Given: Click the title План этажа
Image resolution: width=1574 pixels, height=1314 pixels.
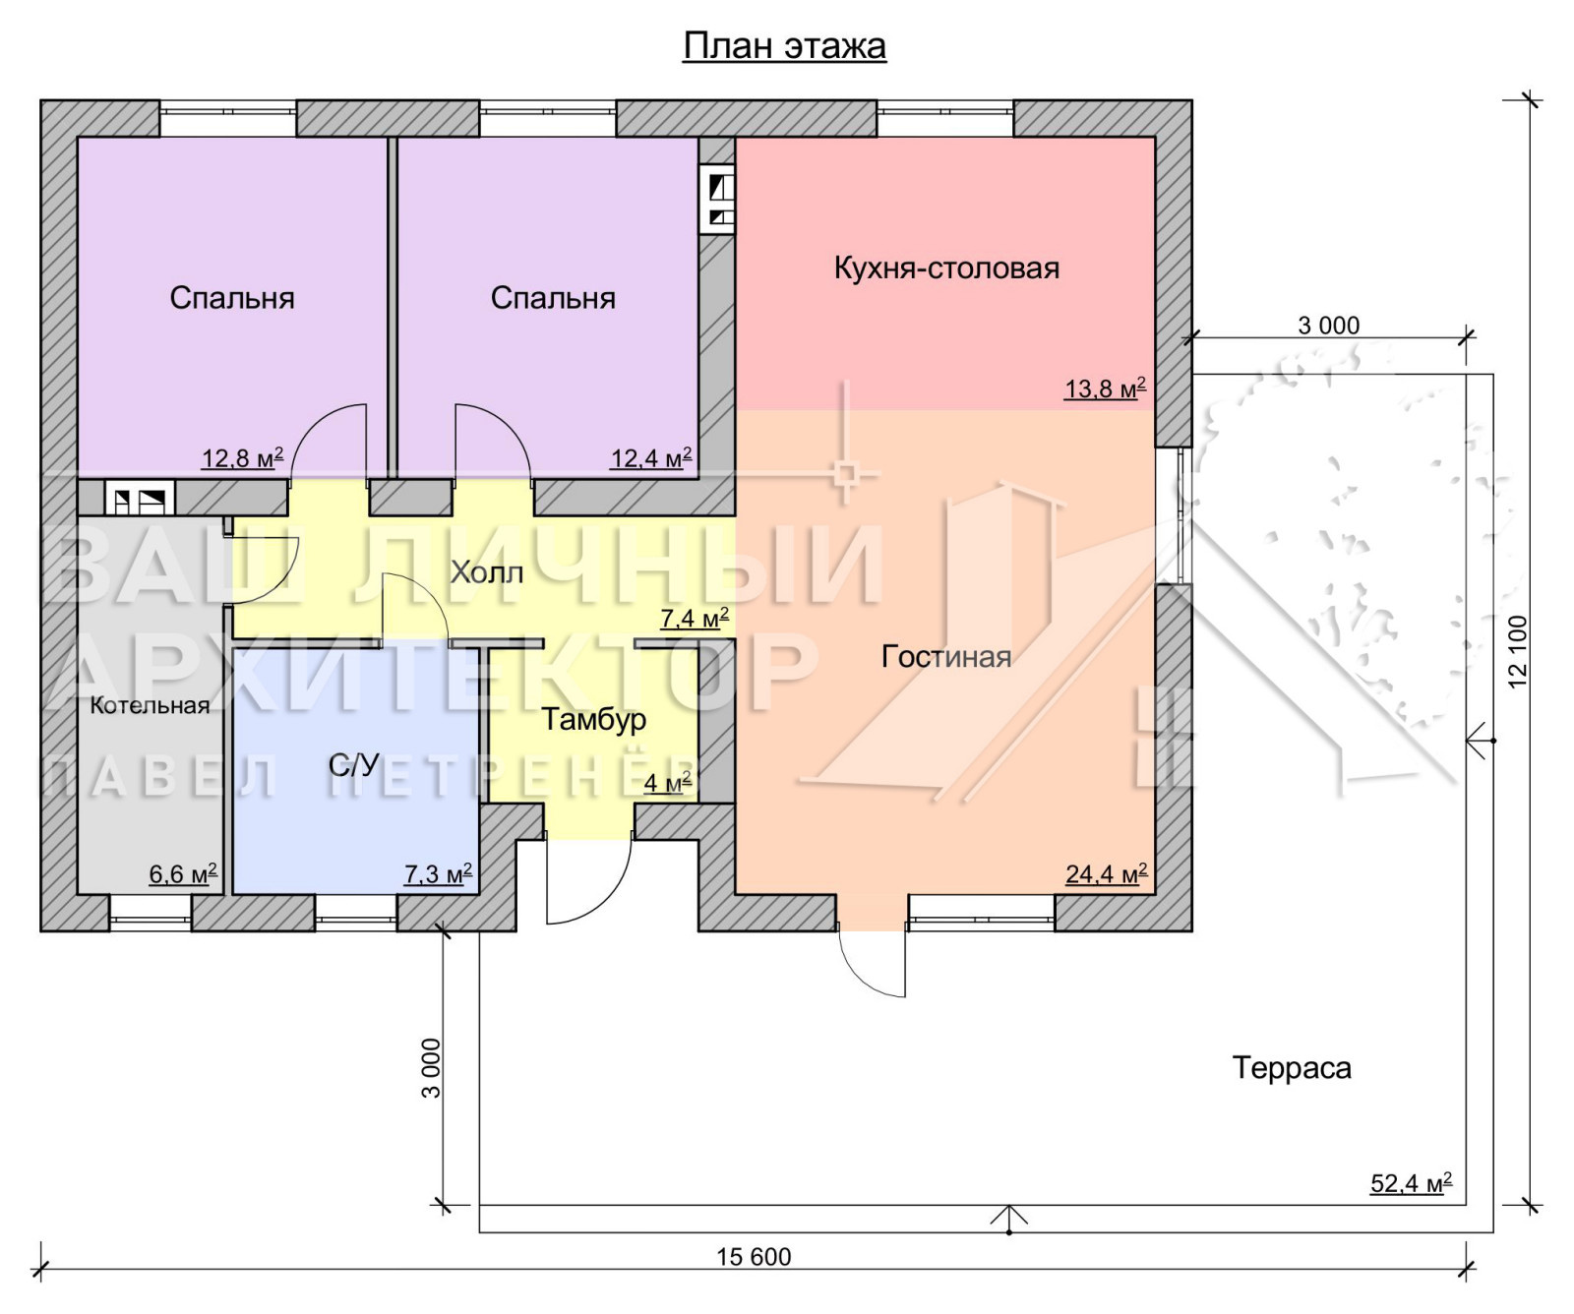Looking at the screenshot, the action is pyautogui.click(x=784, y=46).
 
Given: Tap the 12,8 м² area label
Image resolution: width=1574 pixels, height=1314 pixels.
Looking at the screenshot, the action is pyautogui.click(x=243, y=457).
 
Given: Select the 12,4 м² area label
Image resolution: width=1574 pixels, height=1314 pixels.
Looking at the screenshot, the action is pyautogui.click(x=651, y=457).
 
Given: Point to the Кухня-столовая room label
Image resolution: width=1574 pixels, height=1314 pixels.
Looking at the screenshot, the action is pyautogui.click(x=946, y=268).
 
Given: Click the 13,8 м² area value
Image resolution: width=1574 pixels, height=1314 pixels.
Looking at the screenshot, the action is pyautogui.click(x=1105, y=388).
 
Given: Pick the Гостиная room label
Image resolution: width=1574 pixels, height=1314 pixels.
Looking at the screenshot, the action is pyautogui.click(x=946, y=656).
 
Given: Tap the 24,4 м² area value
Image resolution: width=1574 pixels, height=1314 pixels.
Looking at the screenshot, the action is pyautogui.click(x=1106, y=873).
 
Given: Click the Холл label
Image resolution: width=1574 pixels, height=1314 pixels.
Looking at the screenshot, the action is pyautogui.click(x=486, y=572).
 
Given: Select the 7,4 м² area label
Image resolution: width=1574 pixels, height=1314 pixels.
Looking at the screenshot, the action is pyautogui.click(x=695, y=618).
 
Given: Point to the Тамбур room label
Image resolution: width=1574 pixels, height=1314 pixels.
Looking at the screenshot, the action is pyautogui.click(x=594, y=719).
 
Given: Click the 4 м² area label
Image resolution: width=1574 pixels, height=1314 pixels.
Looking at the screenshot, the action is pyautogui.click(x=668, y=783).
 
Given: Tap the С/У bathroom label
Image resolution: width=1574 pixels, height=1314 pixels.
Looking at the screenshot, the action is pyautogui.click(x=354, y=764).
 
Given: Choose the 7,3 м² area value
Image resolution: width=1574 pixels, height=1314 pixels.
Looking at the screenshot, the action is pyautogui.click(x=438, y=873).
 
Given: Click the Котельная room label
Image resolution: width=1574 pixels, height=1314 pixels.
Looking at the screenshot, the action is pyautogui.click(x=150, y=705).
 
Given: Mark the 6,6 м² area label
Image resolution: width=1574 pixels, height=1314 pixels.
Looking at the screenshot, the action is pyautogui.click(x=183, y=873).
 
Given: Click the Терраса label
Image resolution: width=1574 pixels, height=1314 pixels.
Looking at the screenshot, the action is pyautogui.click(x=1292, y=1067).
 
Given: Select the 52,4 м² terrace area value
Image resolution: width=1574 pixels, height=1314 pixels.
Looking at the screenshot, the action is pyautogui.click(x=1411, y=1182).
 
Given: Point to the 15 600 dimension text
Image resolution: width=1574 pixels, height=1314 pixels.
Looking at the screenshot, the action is pyautogui.click(x=754, y=1256).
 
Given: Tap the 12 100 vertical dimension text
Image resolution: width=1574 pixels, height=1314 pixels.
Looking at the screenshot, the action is pyautogui.click(x=1518, y=651).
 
